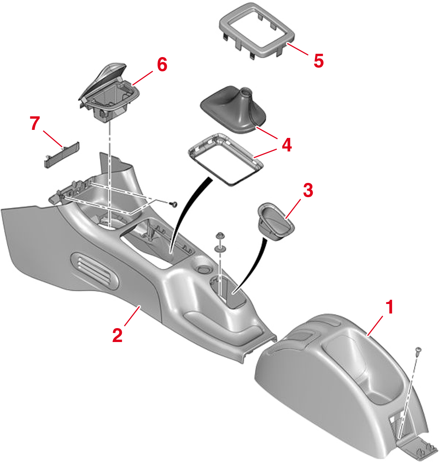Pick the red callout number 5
[318, 60]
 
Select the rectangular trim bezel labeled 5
[257, 30]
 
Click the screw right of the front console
[174, 204]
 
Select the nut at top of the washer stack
[220, 236]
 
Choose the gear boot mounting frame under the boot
[225, 160]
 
